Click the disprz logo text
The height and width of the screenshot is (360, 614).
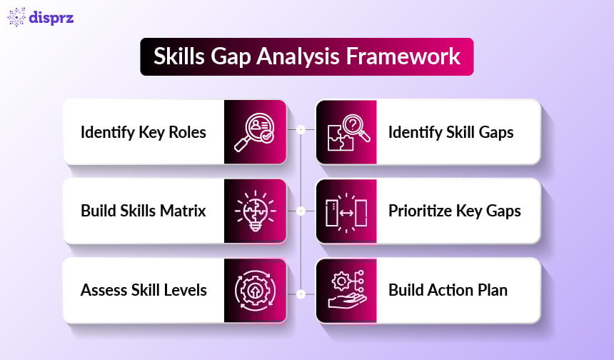pos(52,18)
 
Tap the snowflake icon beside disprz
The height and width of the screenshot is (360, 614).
pos(16,17)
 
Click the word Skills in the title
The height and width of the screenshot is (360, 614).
pos(181,57)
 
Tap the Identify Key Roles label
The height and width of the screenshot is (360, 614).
pos(143,133)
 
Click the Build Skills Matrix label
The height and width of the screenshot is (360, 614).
pos(143,211)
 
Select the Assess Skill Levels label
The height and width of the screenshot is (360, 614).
pos(144,290)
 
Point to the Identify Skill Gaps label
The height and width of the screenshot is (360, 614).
pos(451,133)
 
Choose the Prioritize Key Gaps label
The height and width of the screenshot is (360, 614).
pos(454,211)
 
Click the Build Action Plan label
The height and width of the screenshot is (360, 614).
pos(448,290)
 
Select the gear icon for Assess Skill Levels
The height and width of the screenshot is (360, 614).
pos(254,290)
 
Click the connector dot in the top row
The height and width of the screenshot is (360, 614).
pos(301,130)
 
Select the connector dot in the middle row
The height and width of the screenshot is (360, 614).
pos(301,211)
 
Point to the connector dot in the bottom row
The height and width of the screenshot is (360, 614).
pos(301,293)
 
